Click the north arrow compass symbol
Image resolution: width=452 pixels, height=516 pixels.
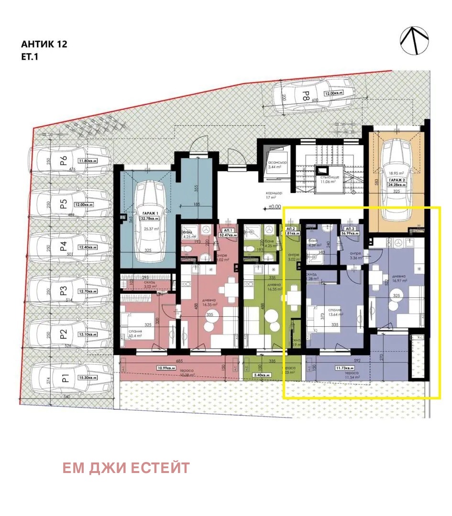[x=415, y=41]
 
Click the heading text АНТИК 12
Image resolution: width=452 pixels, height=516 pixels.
[x=44, y=44]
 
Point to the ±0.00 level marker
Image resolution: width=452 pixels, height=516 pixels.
[x=273, y=207]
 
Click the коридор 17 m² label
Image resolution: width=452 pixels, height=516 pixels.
[x=275, y=196]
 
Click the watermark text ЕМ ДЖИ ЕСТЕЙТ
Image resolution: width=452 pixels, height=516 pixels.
[x=126, y=468]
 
